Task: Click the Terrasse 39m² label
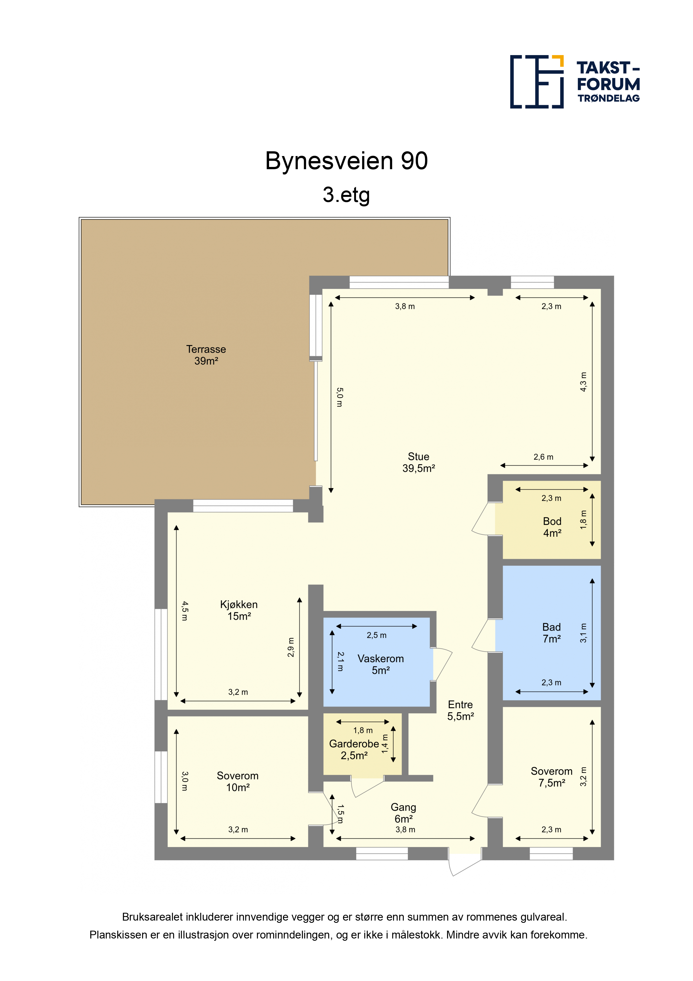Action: [x=206, y=355]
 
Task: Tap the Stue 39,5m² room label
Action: [x=418, y=462]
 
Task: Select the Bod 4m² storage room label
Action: [x=552, y=527]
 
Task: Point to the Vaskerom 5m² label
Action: [x=380, y=664]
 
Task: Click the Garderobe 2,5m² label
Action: [x=354, y=749]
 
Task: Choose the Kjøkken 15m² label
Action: [x=239, y=610]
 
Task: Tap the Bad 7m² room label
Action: [x=551, y=633]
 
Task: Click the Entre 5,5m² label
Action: [x=460, y=711]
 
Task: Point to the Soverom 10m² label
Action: [x=238, y=781]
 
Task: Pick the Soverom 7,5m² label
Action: [x=552, y=777]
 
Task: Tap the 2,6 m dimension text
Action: [x=543, y=457]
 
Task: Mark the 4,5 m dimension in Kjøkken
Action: [x=184, y=610]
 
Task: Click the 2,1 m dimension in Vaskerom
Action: [x=340, y=661]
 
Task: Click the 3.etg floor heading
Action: [x=346, y=195]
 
